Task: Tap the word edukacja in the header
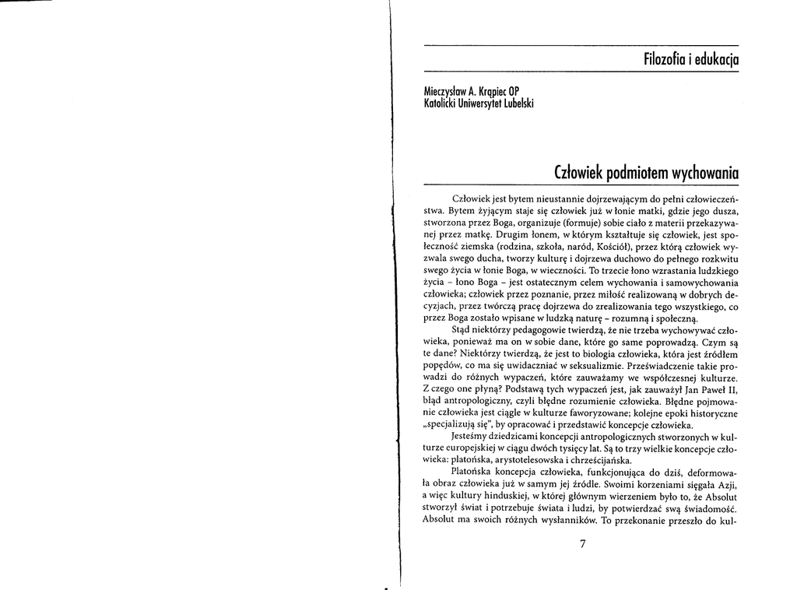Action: (716, 59)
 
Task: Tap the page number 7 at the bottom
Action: (581, 543)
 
